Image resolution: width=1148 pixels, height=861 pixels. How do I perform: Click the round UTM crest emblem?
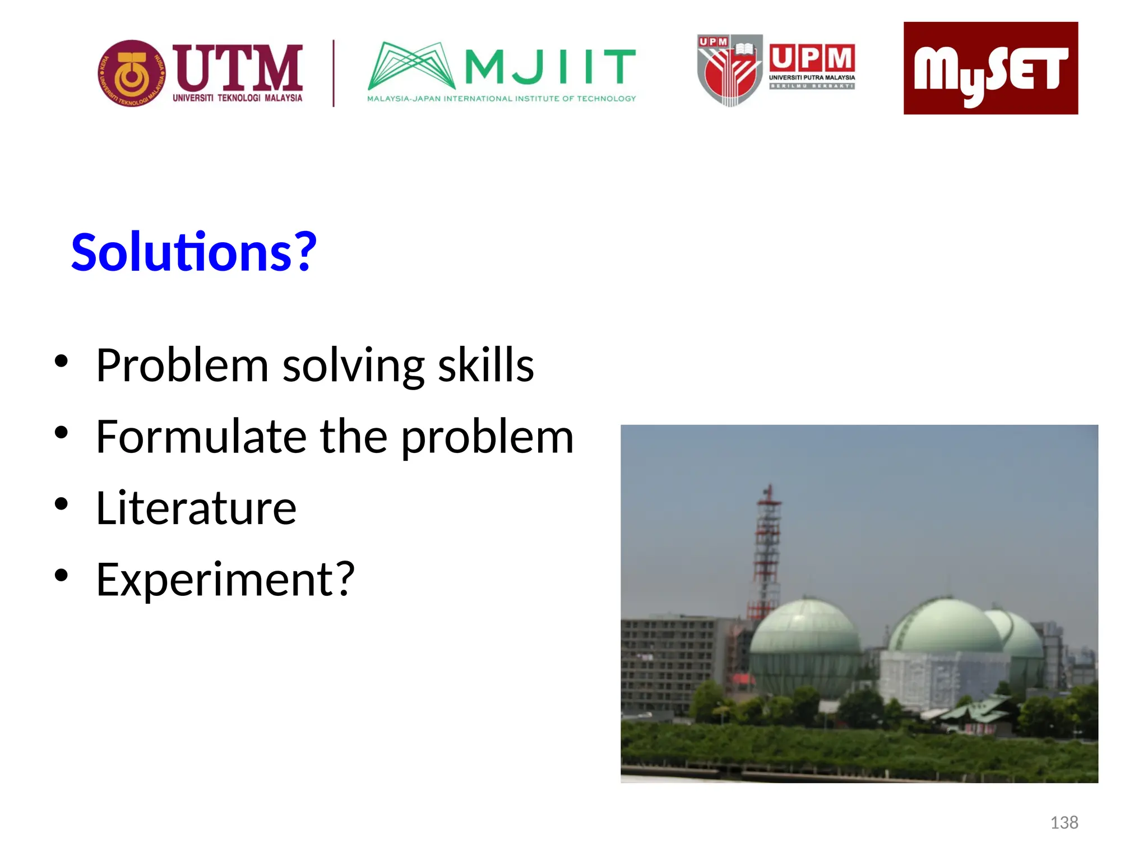132,73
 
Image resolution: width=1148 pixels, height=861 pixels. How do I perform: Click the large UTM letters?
238,68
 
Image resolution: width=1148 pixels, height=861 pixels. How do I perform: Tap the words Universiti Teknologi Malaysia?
237,98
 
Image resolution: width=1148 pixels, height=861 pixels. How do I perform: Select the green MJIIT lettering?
550,66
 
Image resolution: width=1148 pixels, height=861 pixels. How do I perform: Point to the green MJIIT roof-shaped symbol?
411,66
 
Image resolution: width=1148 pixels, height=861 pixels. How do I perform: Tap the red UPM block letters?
812,58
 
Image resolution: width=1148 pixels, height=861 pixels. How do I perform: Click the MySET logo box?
990,68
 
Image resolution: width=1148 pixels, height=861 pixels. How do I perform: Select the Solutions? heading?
194,252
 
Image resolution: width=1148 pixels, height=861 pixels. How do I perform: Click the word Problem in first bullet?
182,365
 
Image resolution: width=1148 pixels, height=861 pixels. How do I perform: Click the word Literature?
196,508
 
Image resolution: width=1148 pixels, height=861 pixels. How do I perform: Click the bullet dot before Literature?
61,504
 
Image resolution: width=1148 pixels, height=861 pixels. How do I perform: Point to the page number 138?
1063,822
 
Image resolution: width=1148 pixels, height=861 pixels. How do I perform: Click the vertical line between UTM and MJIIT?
334,73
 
